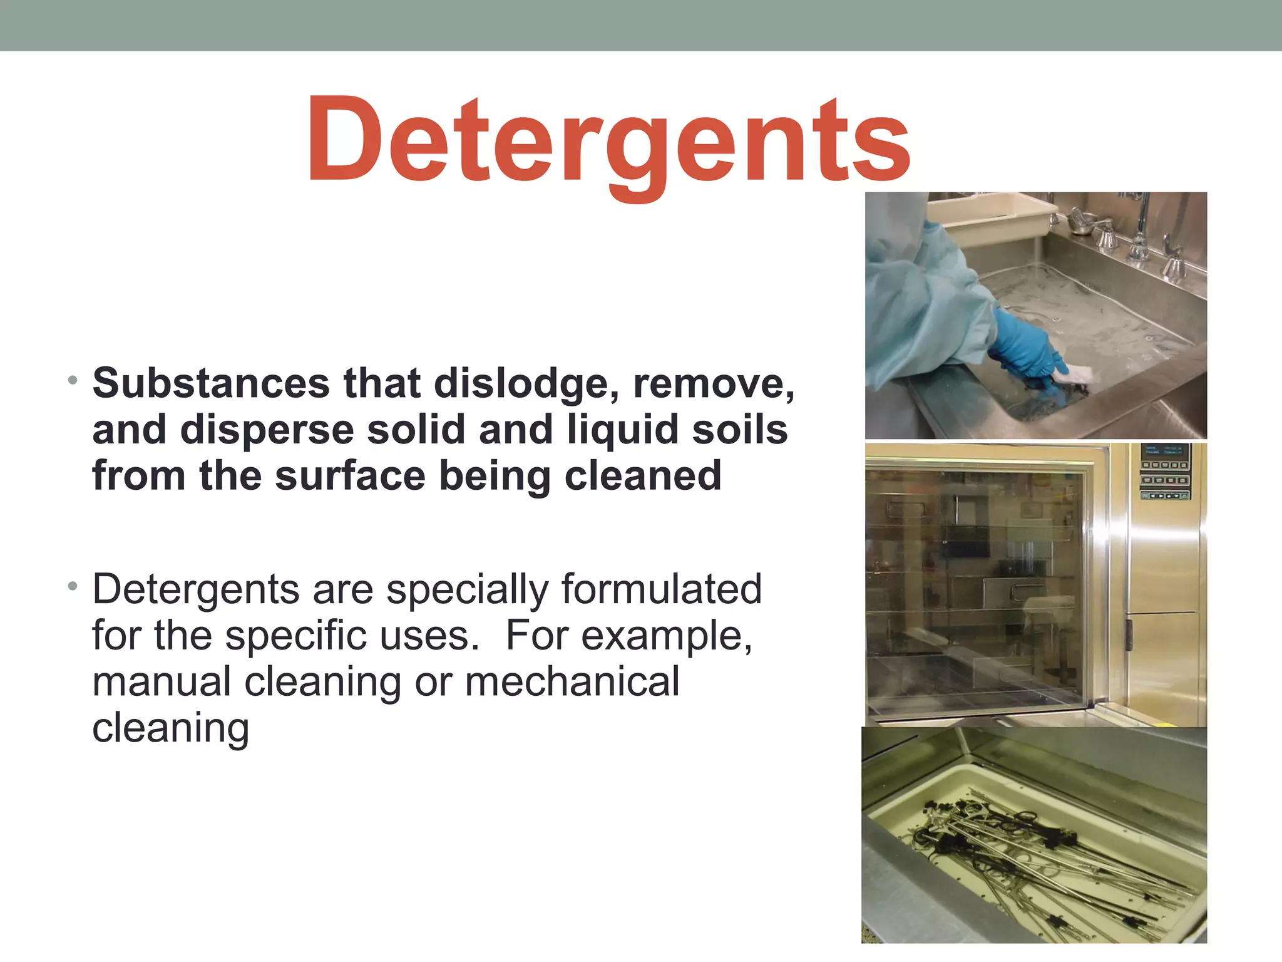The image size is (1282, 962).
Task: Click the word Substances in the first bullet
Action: tap(211, 383)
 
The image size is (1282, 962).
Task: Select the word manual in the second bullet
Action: tap(162, 682)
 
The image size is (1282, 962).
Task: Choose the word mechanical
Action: tap(572, 682)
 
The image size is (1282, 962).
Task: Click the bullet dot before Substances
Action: tap(73, 380)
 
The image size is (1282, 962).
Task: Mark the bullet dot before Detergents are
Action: tap(73, 587)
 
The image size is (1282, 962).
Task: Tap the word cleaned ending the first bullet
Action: tap(643, 476)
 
